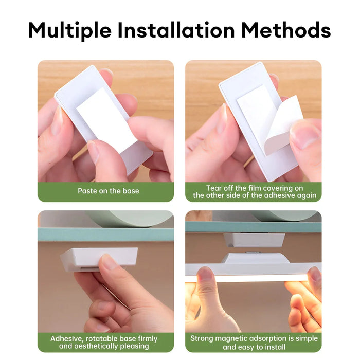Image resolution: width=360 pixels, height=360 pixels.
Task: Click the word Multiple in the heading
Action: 70,30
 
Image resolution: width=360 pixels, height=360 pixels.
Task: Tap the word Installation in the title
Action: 176,30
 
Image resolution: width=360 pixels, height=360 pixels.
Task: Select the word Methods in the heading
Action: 286,30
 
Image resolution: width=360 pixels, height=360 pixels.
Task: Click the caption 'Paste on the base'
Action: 109,191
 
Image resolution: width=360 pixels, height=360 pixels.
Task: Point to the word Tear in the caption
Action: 213,188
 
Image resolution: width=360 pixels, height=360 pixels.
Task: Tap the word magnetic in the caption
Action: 231,338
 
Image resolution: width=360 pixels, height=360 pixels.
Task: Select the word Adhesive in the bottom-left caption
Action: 66,339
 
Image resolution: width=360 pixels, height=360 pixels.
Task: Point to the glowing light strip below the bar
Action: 253,279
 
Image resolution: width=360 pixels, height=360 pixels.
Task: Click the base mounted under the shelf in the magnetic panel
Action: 255,240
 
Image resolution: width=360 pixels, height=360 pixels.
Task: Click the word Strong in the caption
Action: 202,338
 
